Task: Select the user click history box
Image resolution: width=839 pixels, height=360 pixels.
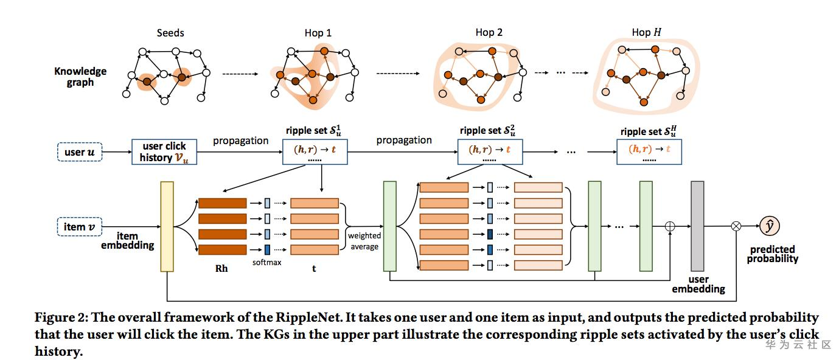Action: (164, 152)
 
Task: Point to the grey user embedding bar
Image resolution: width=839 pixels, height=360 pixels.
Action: (697, 226)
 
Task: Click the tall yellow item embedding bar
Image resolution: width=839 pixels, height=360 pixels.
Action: (167, 226)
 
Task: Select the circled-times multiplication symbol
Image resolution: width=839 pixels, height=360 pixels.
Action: (736, 226)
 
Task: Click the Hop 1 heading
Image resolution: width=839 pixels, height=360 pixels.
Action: (318, 33)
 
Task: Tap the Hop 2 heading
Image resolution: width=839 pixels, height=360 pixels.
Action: (489, 32)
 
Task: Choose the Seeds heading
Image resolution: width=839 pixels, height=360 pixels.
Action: (170, 33)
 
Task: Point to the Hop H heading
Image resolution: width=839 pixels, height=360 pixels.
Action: (647, 32)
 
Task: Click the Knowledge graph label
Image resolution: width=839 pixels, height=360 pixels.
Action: (80, 76)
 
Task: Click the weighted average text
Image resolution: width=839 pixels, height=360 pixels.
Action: (364, 241)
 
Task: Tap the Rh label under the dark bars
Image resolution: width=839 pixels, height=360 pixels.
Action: (221, 268)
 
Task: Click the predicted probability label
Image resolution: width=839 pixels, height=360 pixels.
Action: (773, 254)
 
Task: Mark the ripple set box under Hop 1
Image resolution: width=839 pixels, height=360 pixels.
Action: (315, 152)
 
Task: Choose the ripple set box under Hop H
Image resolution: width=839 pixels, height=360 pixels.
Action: (649, 152)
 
